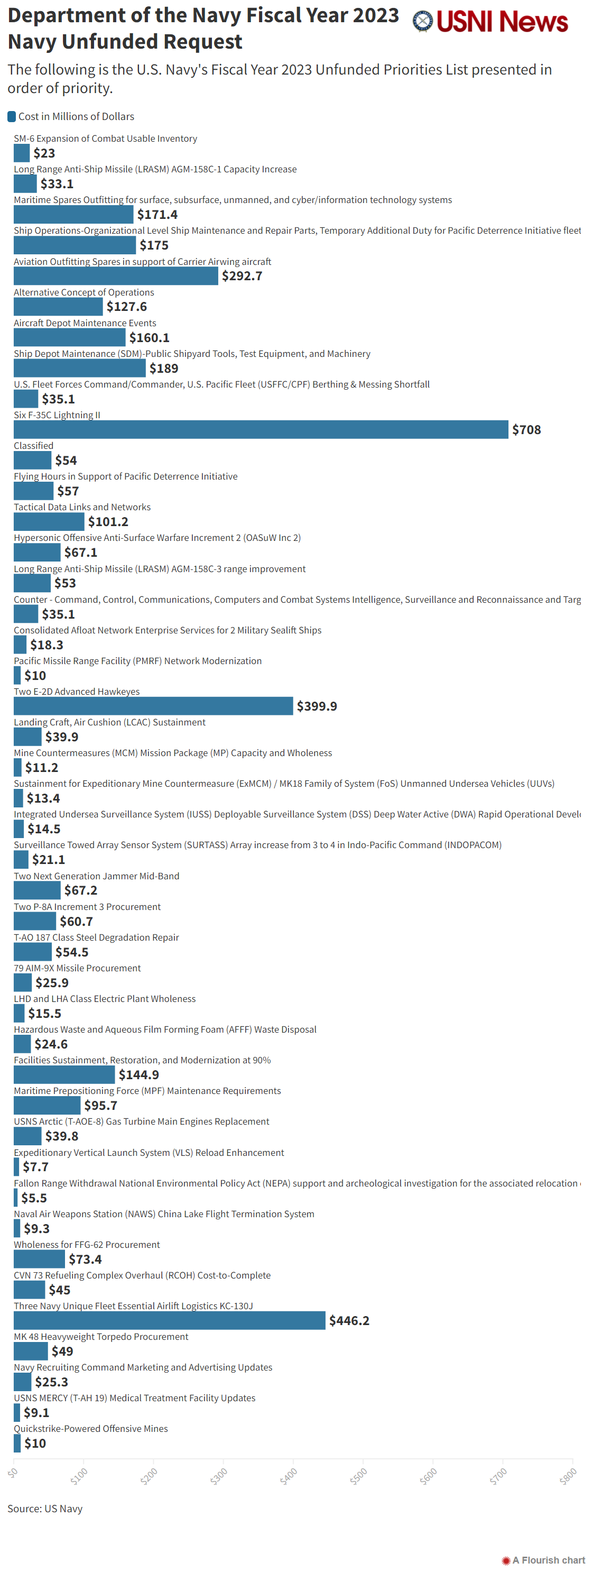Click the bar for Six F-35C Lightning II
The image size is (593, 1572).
261,429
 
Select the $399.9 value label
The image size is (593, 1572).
317,706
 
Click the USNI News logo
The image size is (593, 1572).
490,22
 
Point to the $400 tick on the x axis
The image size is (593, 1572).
289,1476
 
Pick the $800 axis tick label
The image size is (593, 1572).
568,1476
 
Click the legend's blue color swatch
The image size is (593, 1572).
12,116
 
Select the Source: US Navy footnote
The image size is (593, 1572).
44,1509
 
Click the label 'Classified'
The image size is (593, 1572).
33,446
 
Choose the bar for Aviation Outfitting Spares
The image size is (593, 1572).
116,276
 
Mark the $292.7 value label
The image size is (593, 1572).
242,276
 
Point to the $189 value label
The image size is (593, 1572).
163,368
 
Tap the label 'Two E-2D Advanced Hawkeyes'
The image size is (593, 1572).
76,692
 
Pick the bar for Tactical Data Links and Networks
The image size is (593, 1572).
49,521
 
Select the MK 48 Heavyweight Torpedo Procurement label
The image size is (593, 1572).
100,1337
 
